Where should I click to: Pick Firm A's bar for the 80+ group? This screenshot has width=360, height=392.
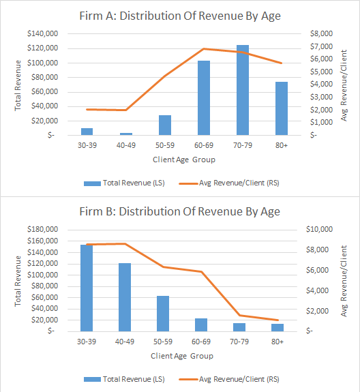point(281,108)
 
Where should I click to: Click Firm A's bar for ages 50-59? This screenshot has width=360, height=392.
point(165,125)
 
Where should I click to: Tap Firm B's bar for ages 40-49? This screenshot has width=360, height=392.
point(125,297)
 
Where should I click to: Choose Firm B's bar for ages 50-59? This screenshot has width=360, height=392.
point(163,313)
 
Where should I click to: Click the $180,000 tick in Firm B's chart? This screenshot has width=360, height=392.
point(42,230)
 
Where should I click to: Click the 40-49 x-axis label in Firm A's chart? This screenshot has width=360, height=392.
point(126,146)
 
